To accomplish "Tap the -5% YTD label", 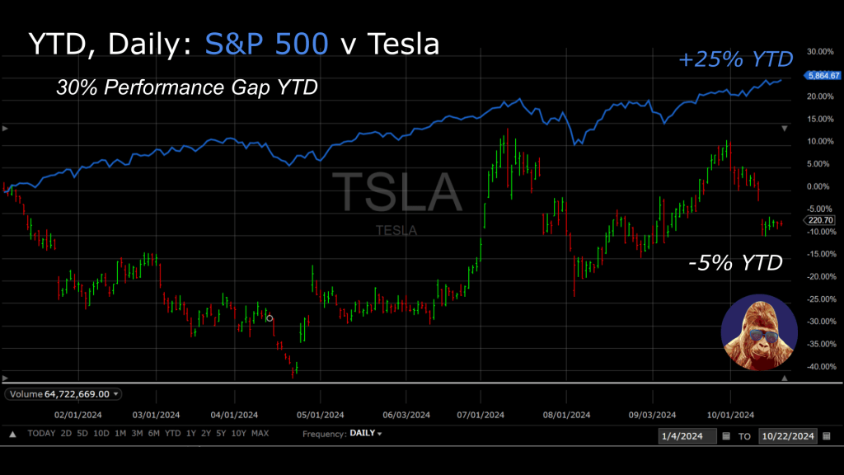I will click(734, 264).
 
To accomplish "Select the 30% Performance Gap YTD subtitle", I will click(186, 87).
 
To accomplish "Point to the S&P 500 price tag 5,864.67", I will click(818, 75).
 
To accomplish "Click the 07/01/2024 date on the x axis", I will click(481, 415).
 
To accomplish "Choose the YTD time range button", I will click(172, 434).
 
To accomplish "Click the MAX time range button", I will click(260, 434).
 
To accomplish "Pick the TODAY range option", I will click(41, 434).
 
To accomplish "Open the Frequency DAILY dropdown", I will click(365, 434).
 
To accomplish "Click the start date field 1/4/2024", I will click(687, 435).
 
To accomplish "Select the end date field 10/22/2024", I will click(787, 435).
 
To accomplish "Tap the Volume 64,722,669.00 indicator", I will click(63, 394).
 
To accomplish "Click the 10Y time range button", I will click(238, 434).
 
